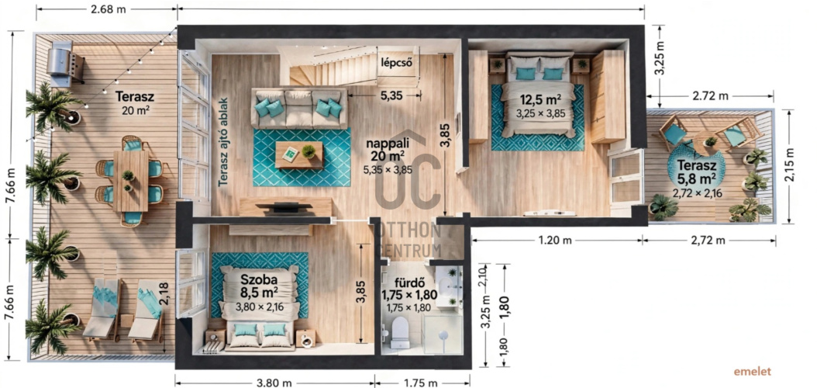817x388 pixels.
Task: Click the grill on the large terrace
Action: tap(64, 64)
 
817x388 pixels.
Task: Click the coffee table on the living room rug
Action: tap(299, 154)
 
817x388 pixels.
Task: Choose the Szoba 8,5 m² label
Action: tap(258, 282)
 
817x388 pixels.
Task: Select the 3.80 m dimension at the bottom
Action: tap(274, 383)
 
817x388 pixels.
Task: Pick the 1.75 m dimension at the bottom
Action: tap(420, 383)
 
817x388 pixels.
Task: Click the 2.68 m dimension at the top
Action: tap(107, 9)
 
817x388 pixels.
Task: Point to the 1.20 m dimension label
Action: tap(557, 241)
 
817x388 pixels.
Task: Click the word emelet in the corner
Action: tap(752, 372)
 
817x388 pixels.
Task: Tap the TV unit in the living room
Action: tap(285, 206)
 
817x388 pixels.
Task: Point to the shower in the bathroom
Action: tap(443, 334)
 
